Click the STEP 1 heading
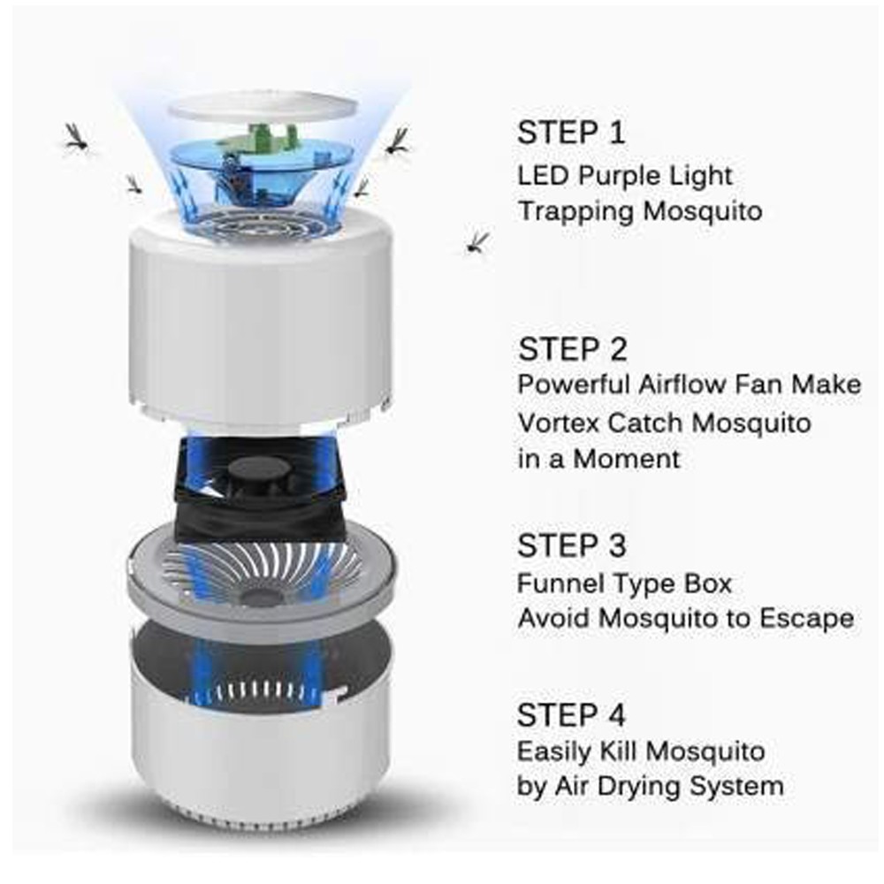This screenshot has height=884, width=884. click(571, 132)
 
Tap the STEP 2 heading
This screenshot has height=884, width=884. click(572, 349)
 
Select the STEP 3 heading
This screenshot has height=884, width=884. click(572, 545)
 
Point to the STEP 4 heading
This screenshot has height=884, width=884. click(571, 715)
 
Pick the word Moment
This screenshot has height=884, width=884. click(627, 458)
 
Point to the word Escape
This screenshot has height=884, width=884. click(806, 619)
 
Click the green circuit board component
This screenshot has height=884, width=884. click(263, 141)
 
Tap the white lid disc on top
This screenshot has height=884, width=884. click(263, 106)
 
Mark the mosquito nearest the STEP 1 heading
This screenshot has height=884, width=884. click(397, 141)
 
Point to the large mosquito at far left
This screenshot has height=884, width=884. click(75, 137)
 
